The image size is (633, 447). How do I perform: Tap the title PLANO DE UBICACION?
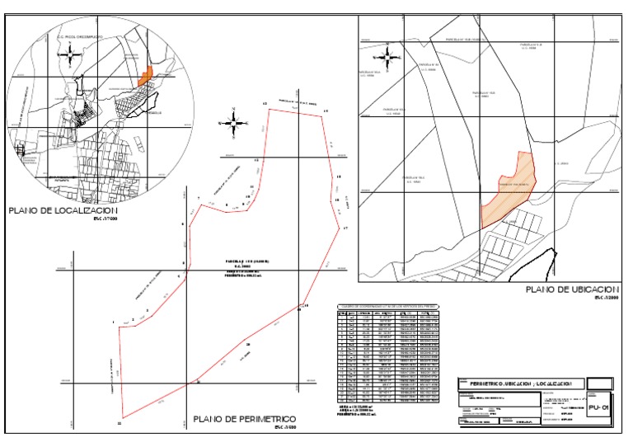pyautogui.click(x=571, y=290)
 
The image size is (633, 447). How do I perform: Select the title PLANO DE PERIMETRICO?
pyautogui.click(x=244, y=419)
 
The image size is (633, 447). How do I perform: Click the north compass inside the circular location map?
pyautogui.click(x=72, y=55)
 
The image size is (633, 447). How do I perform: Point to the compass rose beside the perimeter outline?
pyautogui.click(x=234, y=123)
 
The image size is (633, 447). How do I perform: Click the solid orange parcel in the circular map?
pyautogui.click(x=146, y=75)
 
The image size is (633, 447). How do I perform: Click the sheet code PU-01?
pyautogui.click(x=599, y=407)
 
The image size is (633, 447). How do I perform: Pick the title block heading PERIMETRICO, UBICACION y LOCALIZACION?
pyautogui.click(x=521, y=384)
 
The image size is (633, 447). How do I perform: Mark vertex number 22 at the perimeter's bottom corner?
pyautogui.click(x=120, y=423)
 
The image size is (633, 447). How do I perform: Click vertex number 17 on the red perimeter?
pyautogui.click(x=346, y=228)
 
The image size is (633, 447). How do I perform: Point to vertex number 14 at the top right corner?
pyautogui.click(x=326, y=111)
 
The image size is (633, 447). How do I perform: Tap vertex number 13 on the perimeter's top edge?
pyautogui.click(x=265, y=104)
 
